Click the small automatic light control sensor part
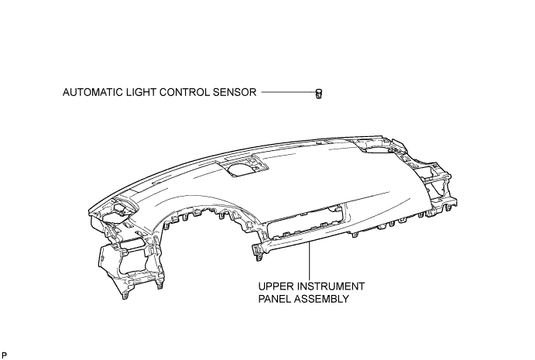pos(319,94)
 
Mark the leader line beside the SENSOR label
pos(289,92)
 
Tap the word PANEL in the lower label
pos(274,299)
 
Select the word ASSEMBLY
pos(321,299)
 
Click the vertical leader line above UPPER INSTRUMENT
pos(310,261)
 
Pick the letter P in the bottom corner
pos(4,355)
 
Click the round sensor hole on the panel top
pos(242,170)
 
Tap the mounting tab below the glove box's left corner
pos(257,252)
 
